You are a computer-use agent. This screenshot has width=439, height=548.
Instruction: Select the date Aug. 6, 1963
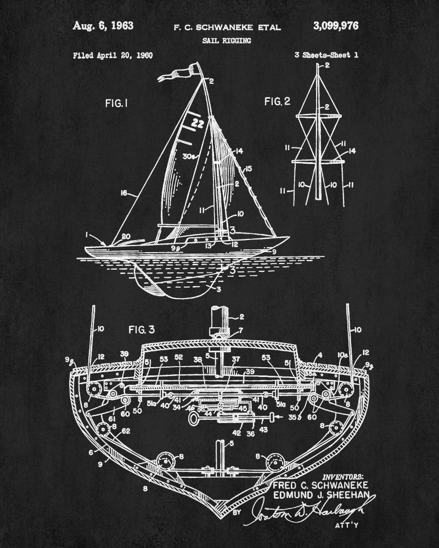point(103,26)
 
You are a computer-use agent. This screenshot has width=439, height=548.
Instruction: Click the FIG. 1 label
point(117,102)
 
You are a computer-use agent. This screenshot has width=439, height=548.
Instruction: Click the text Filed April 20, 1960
point(112,55)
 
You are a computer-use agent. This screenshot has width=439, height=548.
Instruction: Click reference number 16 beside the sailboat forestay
point(124,192)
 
